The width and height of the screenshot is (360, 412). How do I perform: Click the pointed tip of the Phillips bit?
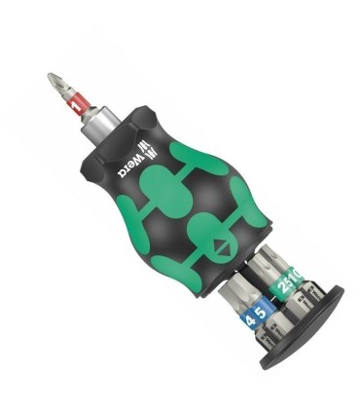coord(52,76)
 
